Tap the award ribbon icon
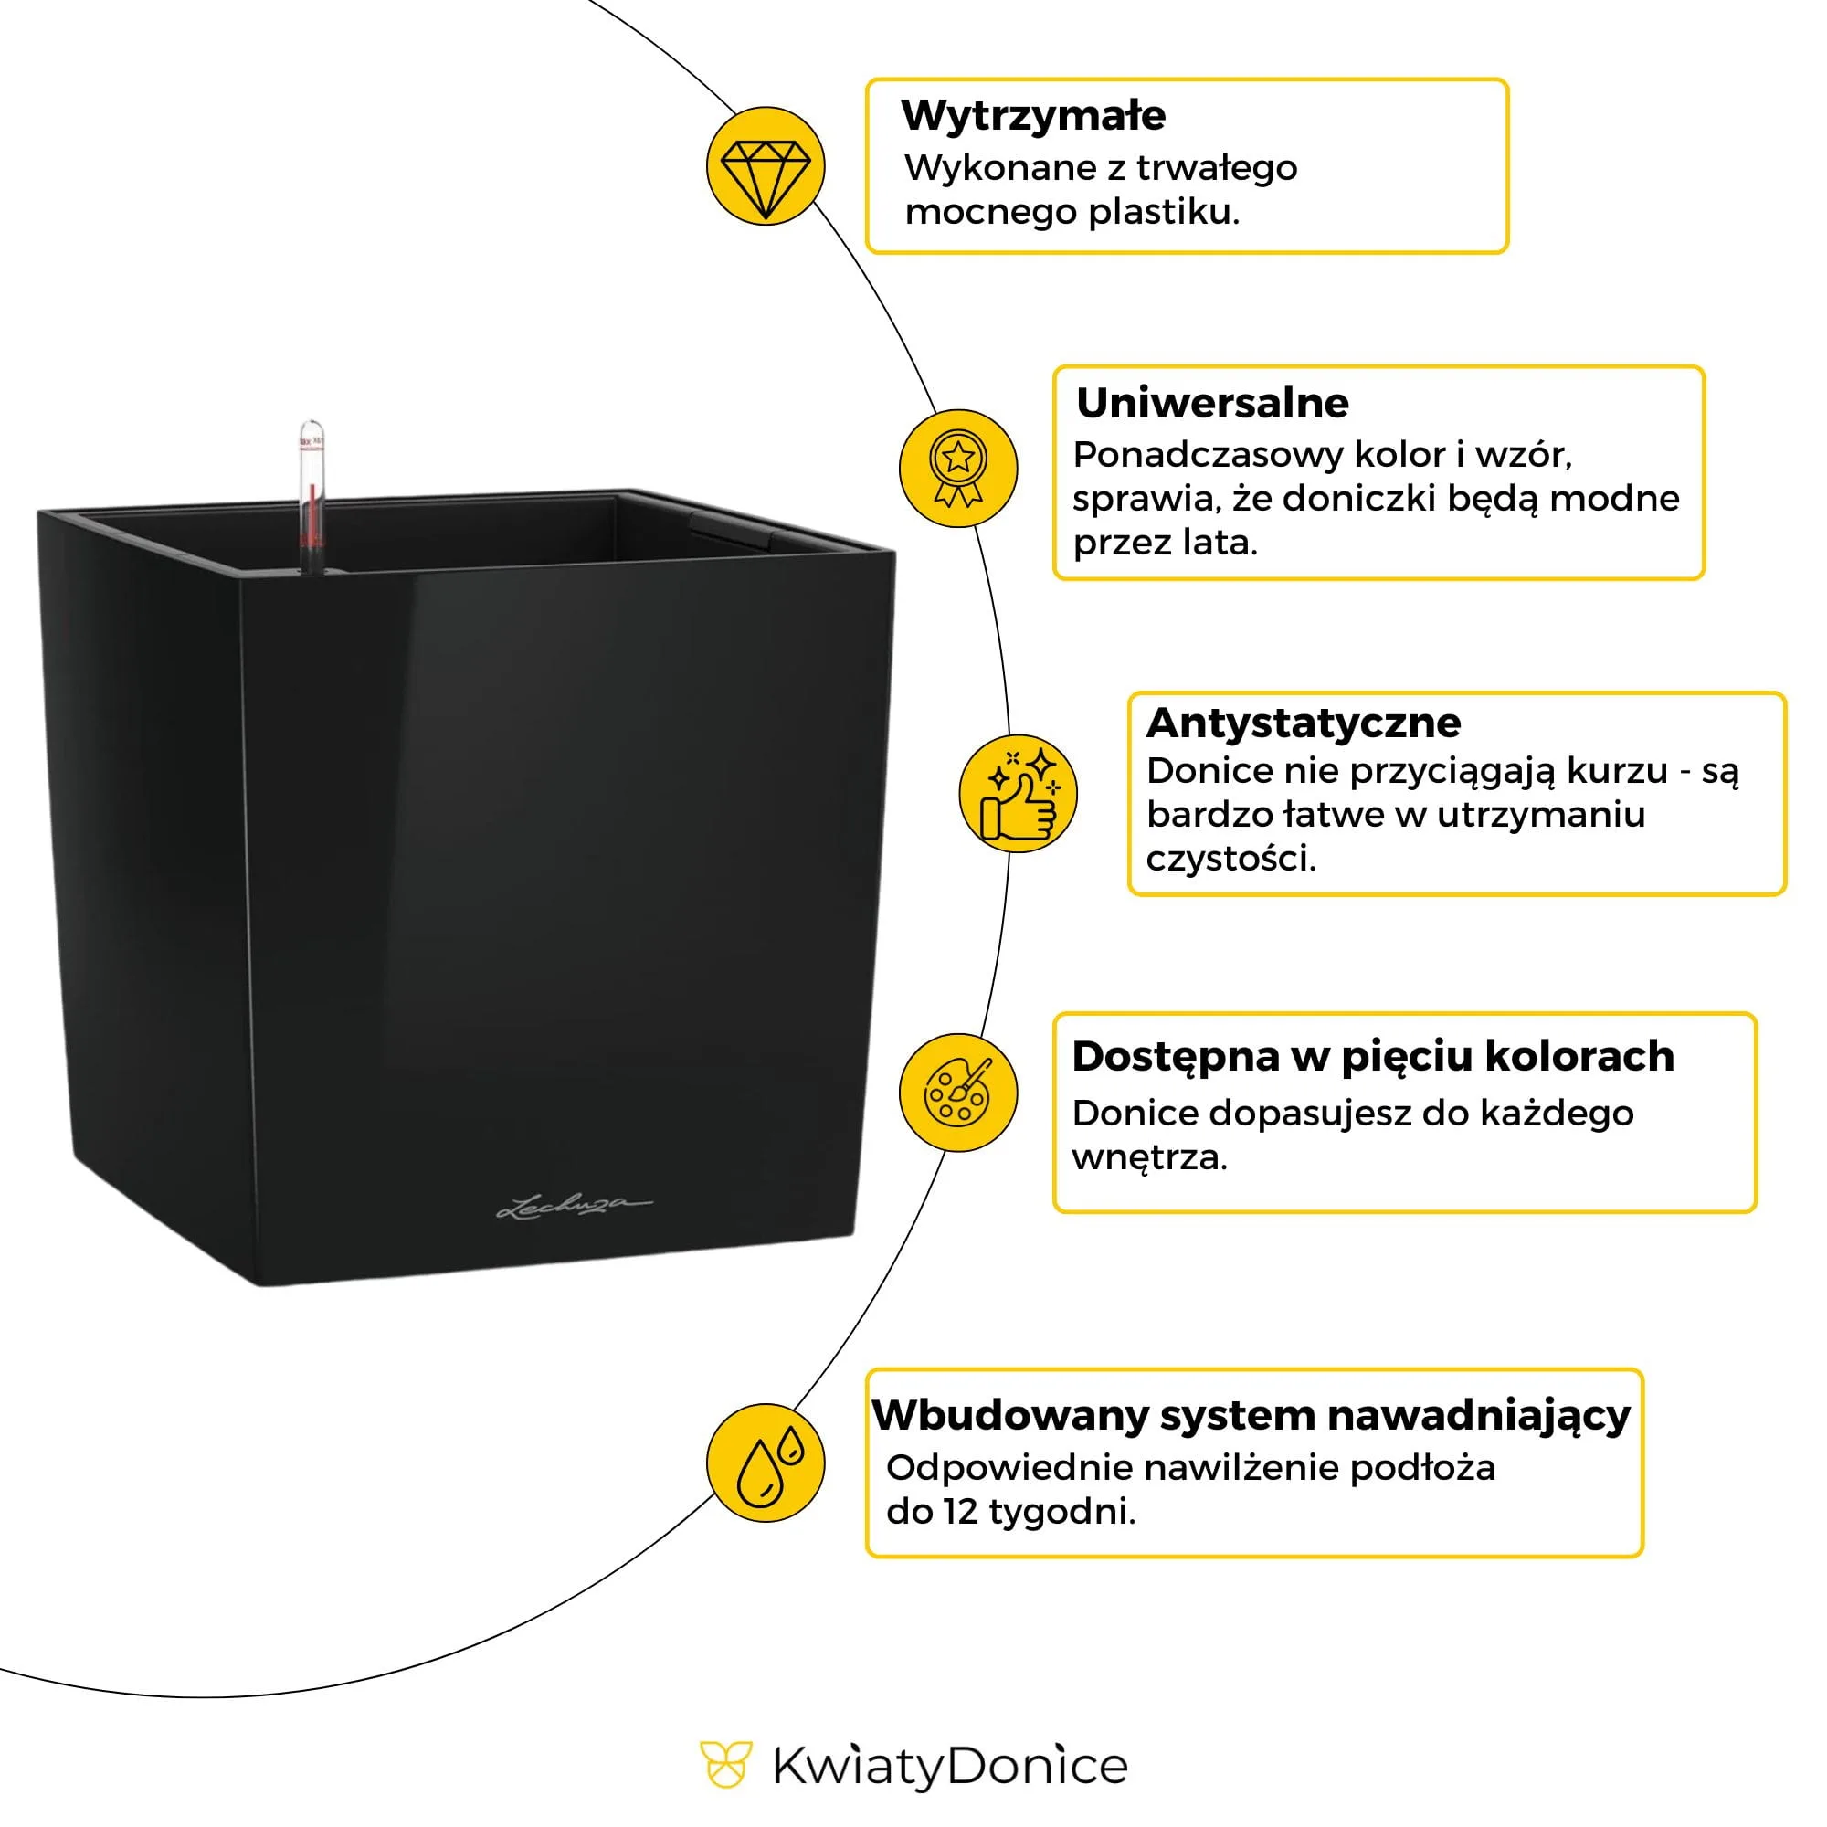[957, 468]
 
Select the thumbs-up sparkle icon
[1019, 795]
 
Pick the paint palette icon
[957, 1093]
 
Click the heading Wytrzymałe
[1032, 115]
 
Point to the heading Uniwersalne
[1211, 403]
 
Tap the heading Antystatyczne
[1304, 723]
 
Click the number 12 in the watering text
[959, 1512]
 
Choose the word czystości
[1230, 859]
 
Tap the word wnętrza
[1149, 1156]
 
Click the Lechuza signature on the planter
[574, 1207]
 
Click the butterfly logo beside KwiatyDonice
[725, 1766]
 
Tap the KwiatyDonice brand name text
[949, 1767]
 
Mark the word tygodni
[1062, 1512]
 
